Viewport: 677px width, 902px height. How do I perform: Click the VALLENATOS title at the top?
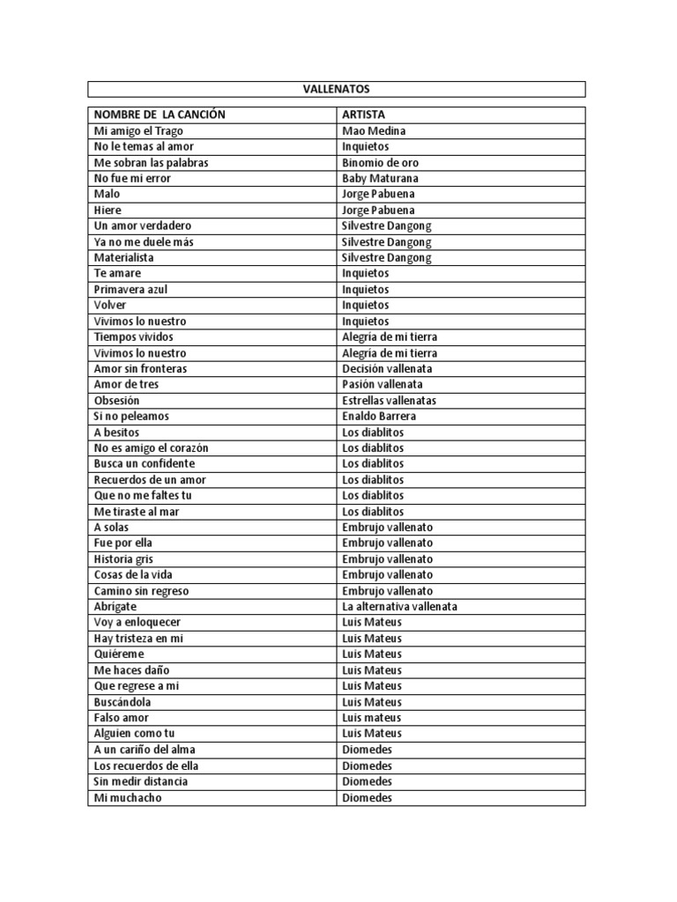(x=336, y=89)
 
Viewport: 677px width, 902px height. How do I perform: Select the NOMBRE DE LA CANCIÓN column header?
(x=160, y=115)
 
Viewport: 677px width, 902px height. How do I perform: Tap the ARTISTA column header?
(x=363, y=115)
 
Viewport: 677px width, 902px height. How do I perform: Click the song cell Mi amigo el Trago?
(x=138, y=130)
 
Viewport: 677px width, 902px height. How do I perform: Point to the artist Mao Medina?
(x=374, y=130)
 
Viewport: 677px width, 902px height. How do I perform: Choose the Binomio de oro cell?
(x=380, y=162)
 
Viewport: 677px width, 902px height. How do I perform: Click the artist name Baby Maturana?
(x=380, y=178)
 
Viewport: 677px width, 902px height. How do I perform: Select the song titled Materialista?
(x=124, y=258)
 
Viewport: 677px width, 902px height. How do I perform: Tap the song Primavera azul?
(x=131, y=290)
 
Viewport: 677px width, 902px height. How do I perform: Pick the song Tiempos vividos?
(x=134, y=337)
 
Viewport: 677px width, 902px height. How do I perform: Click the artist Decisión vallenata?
(x=387, y=369)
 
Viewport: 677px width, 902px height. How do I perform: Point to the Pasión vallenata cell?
(x=383, y=385)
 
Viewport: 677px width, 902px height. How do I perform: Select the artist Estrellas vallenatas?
(x=389, y=401)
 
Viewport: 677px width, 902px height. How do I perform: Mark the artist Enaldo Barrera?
(x=379, y=416)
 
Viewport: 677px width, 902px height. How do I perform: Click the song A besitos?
(x=117, y=433)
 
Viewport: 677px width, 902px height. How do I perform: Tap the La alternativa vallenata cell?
(x=399, y=607)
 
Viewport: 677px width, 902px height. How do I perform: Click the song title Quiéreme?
(x=119, y=654)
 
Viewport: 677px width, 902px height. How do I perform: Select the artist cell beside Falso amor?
(x=371, y=718)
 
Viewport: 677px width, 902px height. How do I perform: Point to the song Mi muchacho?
(x=129, y=798)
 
